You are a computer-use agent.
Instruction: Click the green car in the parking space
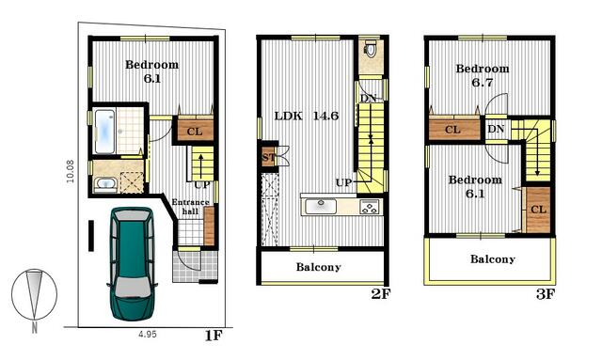(x=132, y=264)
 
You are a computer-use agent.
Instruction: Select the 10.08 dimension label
(x=71, y=171)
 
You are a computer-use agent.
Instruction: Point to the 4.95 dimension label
(x=148, y=335)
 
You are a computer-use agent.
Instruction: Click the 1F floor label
(x=214, y=336)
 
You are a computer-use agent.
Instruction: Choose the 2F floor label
(x=380, y=294)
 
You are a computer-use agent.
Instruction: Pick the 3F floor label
(x=546, y=294)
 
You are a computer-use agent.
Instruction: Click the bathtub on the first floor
(x=104, y=131)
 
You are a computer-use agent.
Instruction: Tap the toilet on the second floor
(x=371, y=49)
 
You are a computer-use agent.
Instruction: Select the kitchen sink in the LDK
(x=321, y=207)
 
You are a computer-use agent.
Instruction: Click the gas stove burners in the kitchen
(x=370, y=207)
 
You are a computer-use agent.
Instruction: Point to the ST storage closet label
(x=269, y=157)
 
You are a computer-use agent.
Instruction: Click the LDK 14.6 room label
(x=307, y=116)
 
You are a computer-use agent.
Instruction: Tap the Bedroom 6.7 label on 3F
(x=483, y=75)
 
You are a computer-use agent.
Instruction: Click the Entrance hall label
(x=190, y=207)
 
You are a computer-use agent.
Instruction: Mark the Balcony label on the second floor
(x=318, y=267)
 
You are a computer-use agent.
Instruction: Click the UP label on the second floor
(x=343, y=182)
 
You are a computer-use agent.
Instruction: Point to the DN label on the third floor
(x=496, y=129)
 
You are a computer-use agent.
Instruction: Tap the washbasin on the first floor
(x=105, y=184)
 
